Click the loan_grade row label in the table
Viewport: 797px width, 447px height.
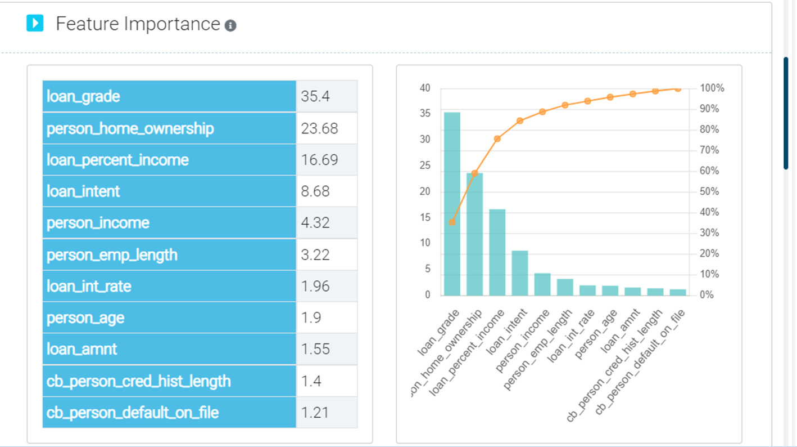[83, 96]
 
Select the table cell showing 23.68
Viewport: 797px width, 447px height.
[319, 128]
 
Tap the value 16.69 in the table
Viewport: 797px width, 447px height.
[319, 160]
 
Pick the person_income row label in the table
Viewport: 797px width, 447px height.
[98, 223]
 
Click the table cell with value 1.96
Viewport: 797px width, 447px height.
[315, 287]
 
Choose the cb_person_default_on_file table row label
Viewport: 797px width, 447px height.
[133, 413]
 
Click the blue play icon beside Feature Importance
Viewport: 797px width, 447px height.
[35, 24]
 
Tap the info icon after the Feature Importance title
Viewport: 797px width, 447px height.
[230, 25]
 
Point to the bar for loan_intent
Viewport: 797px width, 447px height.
[520, 273]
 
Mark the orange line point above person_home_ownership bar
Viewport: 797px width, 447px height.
[475, 173]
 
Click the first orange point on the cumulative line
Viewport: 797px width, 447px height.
[452, 222]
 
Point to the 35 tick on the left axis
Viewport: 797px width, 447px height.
[425, 114]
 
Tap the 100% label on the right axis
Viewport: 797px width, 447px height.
[712, 88]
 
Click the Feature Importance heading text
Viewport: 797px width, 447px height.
[138, 24]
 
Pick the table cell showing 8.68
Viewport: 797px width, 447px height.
[315, 191]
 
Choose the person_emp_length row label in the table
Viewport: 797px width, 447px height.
[112, 255]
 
